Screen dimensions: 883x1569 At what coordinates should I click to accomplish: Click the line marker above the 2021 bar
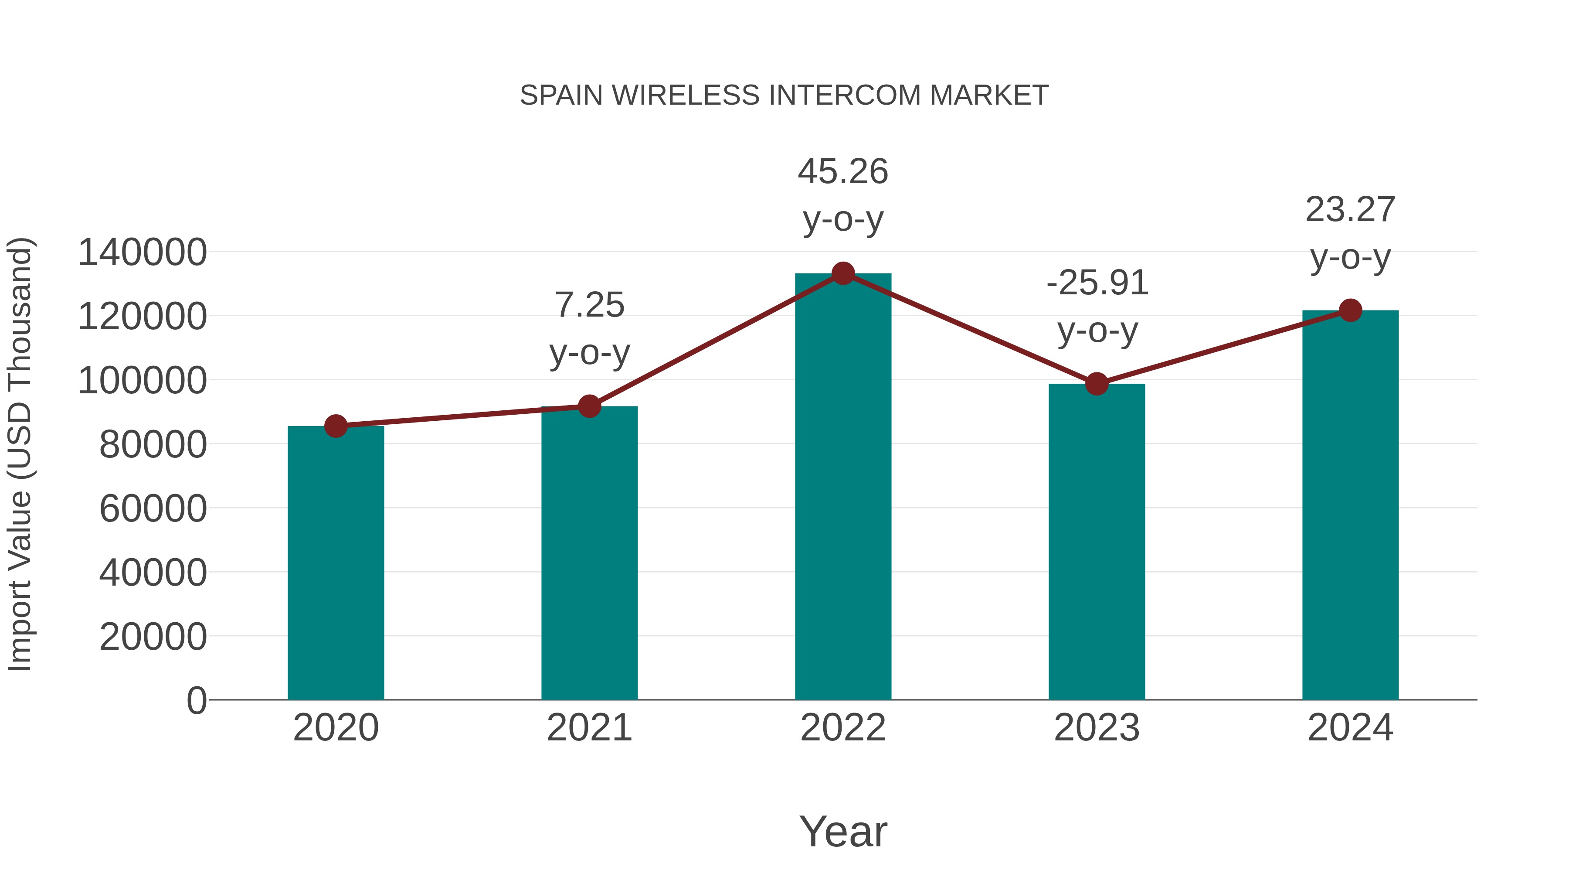pos(589,406)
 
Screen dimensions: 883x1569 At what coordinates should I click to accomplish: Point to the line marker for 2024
pos(1350,310)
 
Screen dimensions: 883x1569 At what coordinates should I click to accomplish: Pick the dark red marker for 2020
pos(336,426)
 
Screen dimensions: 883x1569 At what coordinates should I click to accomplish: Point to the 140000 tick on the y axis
pos(142,252)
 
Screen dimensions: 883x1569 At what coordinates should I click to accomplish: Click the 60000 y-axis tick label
pos(153,509)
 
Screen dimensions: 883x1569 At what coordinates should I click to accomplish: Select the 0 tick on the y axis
pos(196,700)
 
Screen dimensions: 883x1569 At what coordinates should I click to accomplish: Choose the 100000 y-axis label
pos(142,381)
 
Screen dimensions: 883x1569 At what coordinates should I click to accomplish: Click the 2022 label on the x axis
pos(843,728)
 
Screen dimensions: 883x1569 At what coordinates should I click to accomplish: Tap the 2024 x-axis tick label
pos(1350,728)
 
